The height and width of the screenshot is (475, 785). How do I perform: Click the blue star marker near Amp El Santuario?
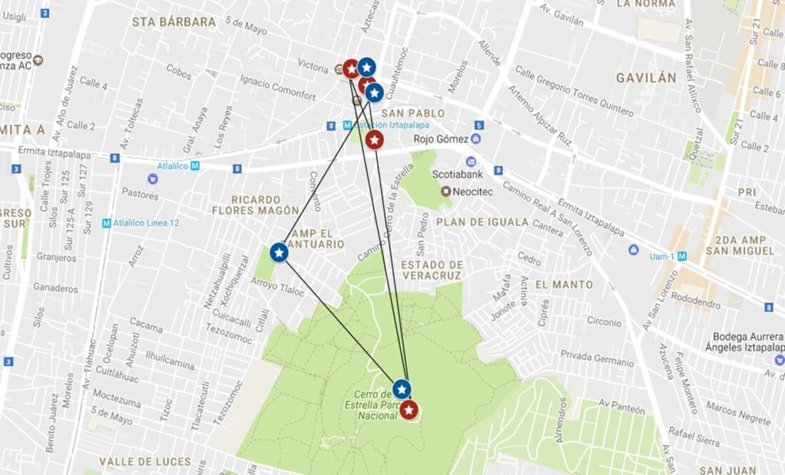point(279,252)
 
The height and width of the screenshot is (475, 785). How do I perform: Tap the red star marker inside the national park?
point(408,410)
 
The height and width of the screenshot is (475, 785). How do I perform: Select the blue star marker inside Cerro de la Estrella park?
point(402,389)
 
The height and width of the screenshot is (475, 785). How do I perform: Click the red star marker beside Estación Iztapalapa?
point(375,140)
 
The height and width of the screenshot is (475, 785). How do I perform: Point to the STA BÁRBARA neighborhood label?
point(173,22)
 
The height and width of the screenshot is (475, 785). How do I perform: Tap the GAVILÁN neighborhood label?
point(646,78)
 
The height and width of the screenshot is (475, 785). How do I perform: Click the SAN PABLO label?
point(412,113)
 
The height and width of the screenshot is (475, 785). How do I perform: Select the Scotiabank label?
point(457,175)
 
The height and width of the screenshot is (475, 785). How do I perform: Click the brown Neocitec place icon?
point(446,191)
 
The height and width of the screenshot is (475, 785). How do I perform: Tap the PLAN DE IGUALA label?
point(482,222)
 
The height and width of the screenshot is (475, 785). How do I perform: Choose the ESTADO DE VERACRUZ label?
point(432,270)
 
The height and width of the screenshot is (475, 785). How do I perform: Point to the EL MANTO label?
point(564,285)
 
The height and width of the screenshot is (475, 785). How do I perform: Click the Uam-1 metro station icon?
point(682,256)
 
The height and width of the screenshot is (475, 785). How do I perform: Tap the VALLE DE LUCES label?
point(145,461)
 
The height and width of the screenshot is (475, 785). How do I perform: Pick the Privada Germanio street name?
point(597,358)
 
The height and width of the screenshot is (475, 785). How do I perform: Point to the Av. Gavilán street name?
point(561,15)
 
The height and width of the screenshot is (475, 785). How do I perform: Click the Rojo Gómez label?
point(441,138)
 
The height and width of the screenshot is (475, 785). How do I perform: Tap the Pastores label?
point(140,193)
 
